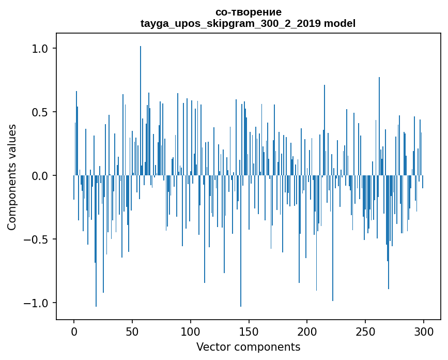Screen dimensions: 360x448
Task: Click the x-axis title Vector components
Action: (248, 347)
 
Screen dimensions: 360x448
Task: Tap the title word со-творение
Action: (248, 12)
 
